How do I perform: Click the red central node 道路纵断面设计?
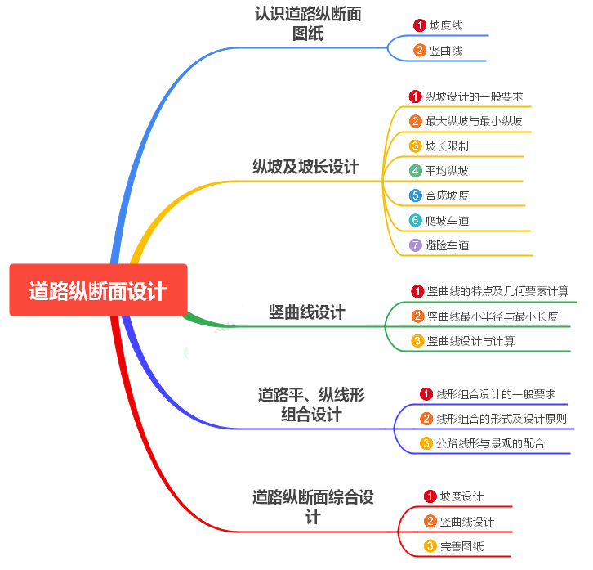coord(98,290)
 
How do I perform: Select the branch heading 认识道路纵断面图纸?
coord(308,24)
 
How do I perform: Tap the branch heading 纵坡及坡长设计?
coord(305,167)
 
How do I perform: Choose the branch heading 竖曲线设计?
coord(307,312)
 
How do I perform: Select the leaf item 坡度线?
coord(446,25)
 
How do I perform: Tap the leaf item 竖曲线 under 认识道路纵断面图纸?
coord(446,51)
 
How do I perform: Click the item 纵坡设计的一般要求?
coord(474,96)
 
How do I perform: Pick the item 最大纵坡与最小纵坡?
coord(474,121)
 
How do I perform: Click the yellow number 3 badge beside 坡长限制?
coord(416,146)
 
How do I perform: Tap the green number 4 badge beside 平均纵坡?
coord(416,171)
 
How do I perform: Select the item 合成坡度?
coord(447,195)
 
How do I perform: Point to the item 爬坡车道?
coord(447,221)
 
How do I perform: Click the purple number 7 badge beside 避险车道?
coord(416,245)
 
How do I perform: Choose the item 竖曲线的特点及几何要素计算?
coord(497,291)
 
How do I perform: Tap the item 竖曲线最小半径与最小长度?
coord(492,316)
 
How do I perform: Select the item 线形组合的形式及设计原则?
coord(501,419)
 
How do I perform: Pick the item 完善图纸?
coord(461,545)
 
